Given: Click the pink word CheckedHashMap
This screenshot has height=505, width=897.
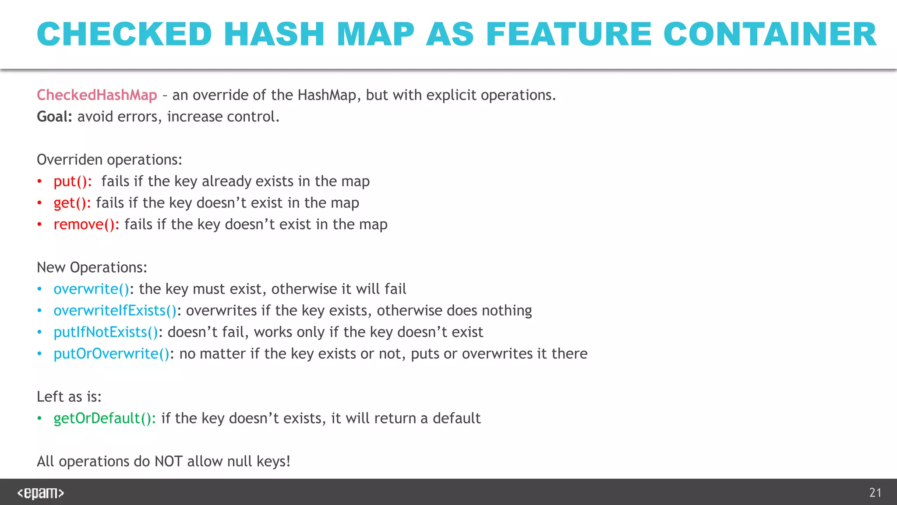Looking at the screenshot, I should [x=97, y=95].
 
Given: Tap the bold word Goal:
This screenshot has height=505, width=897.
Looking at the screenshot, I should [x=54, y=117].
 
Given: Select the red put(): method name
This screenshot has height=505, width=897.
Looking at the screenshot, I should [x=73, y=181].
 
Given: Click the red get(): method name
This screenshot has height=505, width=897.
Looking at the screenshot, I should [x=72, y=203].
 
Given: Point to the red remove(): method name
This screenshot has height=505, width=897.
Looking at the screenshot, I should [x=86, y=224].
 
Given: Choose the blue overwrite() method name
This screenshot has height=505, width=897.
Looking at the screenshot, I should [x=92, y=289].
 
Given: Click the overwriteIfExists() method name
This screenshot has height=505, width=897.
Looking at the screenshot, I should [x=115, y=311].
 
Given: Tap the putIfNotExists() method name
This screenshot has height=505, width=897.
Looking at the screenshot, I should [x=106, y=332].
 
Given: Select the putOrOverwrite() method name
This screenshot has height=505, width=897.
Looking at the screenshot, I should [x=111, y=354].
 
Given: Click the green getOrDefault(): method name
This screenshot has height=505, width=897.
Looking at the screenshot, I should [x=104, y=419].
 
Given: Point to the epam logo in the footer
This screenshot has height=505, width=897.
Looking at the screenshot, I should [x=41, y=493].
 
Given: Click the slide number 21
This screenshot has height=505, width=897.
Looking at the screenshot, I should [x=875, y=493].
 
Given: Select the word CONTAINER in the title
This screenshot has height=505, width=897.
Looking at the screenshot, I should [x=770, y=34].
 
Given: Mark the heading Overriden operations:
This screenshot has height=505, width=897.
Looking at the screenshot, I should [x=109, y=160].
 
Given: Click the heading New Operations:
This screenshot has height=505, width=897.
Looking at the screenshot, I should [x=92, y=267].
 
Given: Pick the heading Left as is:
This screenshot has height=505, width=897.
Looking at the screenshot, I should [x=69, y=397].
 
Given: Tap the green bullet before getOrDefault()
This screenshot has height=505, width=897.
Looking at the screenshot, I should [x=39, y=419].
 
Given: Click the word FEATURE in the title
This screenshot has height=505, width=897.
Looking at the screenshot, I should [x=569, y=34].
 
